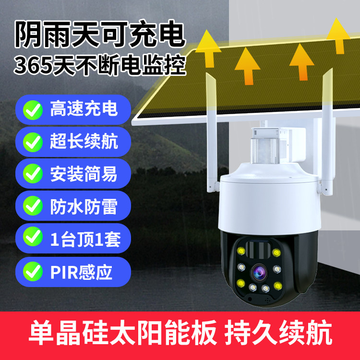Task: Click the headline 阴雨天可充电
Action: (100, 34)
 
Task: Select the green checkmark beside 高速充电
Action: (33, 110)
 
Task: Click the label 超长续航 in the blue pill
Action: (84, 142)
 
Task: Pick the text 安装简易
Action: (84, 174)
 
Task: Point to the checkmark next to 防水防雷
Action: (33, 206)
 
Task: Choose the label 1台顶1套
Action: (85, 239)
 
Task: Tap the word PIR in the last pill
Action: (64, 272)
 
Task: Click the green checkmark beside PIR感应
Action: (33, 271)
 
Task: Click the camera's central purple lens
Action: (259, 272)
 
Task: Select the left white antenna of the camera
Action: (212, 132)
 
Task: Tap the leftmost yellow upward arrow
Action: (208, 48)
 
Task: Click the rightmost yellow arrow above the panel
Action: (338, 36)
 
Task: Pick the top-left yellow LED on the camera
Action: (241, 251)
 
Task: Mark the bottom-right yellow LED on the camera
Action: (277, 286)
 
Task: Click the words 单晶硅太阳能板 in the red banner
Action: (123, 332)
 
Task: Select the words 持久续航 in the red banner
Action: (278, 332)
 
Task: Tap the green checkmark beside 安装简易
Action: (33, 174)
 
